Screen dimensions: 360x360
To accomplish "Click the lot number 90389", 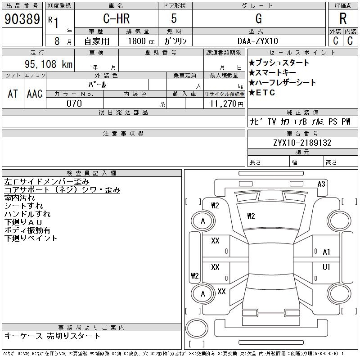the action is [x=22, y=19].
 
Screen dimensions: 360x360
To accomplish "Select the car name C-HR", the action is [x=116, y=19].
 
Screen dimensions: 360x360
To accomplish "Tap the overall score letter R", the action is [x=343, y=19].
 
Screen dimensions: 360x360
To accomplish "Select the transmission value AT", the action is [x=13, y=94].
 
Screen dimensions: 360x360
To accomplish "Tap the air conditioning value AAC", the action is [x=35, y=94].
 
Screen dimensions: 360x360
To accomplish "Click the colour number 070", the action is [x=74, y=103].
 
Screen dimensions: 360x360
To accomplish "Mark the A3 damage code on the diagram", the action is [x=321, y=184].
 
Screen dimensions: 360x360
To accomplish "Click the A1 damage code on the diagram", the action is [x=326, y=252].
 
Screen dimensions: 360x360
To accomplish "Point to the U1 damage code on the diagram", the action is [x=326, y=267].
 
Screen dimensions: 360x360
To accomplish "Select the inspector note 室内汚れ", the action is [x=19, y=198].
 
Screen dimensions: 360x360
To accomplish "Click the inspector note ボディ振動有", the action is [x=27, y=230].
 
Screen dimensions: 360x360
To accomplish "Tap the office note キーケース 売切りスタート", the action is [x=53, y=336].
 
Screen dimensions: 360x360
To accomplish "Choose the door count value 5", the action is [x=175, y=19].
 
